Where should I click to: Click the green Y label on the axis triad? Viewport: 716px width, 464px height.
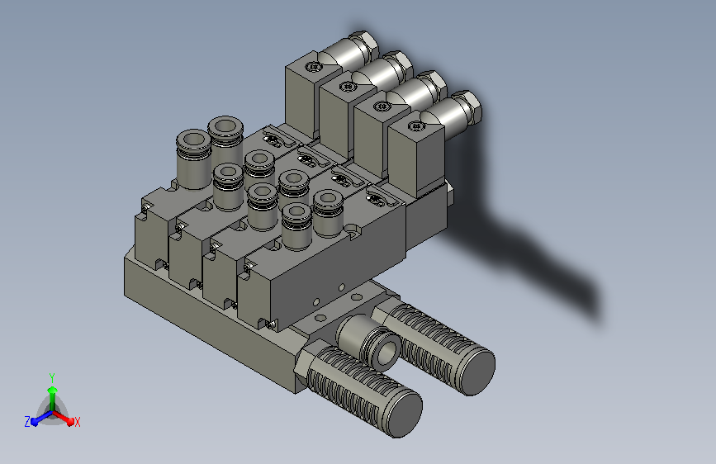(52, 377)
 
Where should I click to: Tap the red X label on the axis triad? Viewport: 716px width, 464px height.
(77, 422)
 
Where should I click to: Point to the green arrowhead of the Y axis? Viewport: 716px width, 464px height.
(53, 390)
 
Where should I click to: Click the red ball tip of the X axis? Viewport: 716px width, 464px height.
(70, 422)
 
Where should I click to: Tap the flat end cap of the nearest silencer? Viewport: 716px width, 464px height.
(403, 414)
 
